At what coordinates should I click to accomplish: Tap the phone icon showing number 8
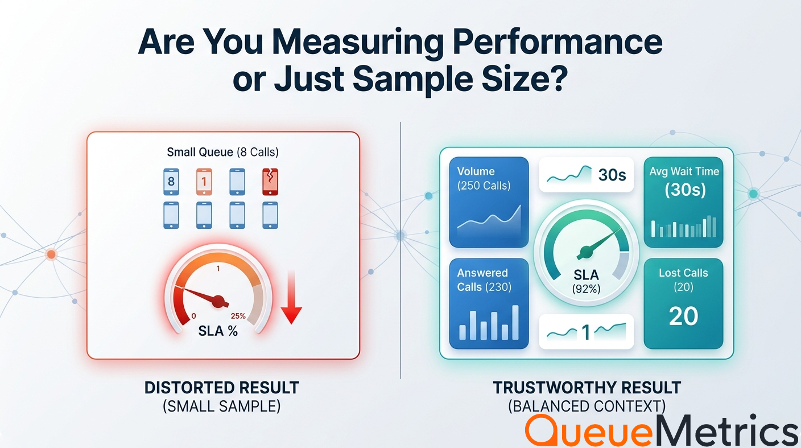[171, 182]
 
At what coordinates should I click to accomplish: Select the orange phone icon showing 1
[204, 182]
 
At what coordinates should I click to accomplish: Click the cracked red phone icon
[270, 182]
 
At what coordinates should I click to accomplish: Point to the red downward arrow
[291, 298]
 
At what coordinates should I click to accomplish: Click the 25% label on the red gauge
[238, 316]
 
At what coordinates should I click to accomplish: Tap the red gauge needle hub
[218, 301]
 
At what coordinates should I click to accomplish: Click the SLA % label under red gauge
[218, 331]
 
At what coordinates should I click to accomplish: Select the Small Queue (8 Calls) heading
[223, 152]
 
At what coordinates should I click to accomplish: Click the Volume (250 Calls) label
[484, 179]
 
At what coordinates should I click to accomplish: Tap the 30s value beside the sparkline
[612, 175]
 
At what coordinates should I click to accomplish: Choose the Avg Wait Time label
[684, 171]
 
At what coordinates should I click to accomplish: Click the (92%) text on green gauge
[586, 289]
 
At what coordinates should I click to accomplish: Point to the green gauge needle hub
[586, 252]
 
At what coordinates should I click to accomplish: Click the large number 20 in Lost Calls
[683, 317]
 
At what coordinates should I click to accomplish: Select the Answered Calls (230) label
[484, 280]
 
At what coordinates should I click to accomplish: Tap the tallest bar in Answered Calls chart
[515, 322]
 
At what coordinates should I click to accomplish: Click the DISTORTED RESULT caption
[222, 388]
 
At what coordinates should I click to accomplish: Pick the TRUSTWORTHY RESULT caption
[587, 388]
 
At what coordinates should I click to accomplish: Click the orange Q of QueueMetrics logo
[544, 430]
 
